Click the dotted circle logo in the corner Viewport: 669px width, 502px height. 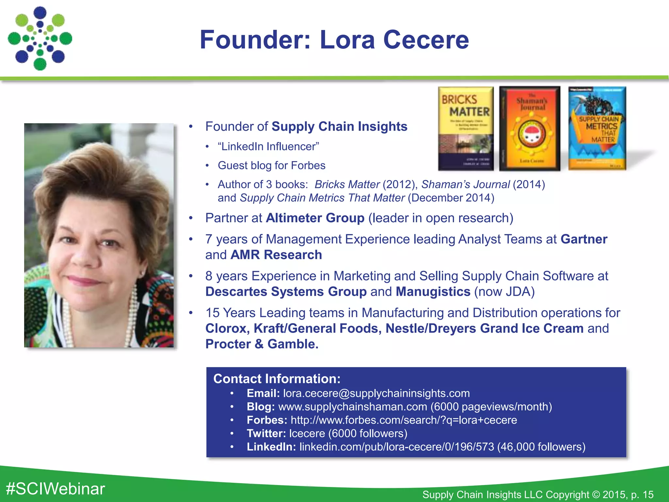coord(40,39)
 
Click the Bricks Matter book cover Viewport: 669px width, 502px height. coord(465,128)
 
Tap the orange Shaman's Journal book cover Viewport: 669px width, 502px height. coord(530,128)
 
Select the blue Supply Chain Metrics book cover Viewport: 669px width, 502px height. coord(597,128)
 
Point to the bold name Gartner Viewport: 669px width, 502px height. coord(584,239)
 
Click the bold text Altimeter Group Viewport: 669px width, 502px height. coord(315,218)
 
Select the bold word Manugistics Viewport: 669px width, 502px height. coord(433,292)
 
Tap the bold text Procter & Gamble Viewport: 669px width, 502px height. coord(262,344)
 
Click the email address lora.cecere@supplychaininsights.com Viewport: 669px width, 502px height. coord(376,393)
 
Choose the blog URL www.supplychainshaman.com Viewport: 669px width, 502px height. coord(352,407)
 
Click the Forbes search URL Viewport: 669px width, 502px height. coord(404,420)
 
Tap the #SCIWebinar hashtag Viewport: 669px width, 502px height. coord(56,489)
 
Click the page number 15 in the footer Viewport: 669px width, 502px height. coord(648,494)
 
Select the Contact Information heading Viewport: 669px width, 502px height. coord(277,379)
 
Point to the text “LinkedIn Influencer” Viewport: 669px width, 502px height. coord(269,146)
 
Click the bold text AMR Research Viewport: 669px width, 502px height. coord(276,255)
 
